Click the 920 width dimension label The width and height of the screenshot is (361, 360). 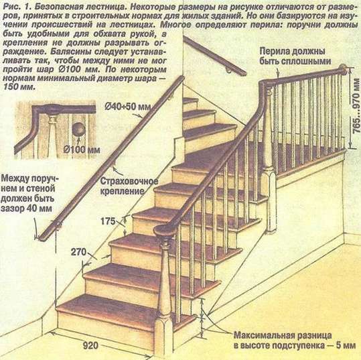click(x=90, y=346)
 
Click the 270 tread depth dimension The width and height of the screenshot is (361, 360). click(x=78, y=252)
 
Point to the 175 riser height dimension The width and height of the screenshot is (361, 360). click(x=108, y=221)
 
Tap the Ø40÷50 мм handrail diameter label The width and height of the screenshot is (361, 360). click(x=128, y=107)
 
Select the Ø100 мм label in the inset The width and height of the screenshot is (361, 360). click(x=82, y=150)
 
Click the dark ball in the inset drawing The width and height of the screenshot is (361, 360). click(x=78, y=129)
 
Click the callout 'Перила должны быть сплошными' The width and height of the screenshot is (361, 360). click(x=295, y=56)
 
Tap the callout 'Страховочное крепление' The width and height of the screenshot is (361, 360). click(x=129, y=186)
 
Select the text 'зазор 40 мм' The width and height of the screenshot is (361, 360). click(x=26, y=208)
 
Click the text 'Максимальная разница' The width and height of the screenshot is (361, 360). click(x=283, y=336)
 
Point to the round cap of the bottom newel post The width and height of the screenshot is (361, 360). click(x=164, y=230)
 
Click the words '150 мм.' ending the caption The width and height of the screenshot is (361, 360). click(x=19, y=87)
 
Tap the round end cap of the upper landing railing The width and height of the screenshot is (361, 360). click(x=343, y=68)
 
